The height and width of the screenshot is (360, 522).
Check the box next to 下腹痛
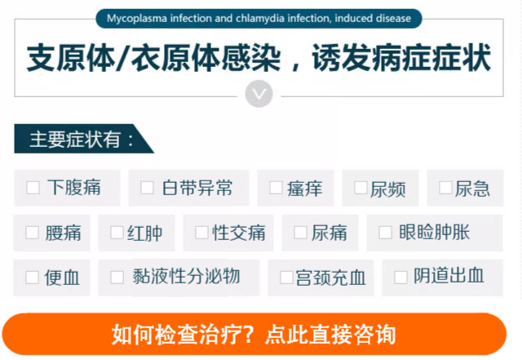click(x=33, y=188)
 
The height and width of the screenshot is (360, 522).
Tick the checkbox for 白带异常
click(x=147, y=188)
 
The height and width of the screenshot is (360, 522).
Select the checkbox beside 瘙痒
click(x=276, y=188)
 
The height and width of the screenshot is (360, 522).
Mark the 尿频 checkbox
click(x=361, y=188)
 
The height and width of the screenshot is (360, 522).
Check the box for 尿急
click(x=446, y=188)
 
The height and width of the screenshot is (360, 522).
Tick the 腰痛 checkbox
click(x=33, y=233)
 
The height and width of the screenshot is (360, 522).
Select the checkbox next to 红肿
click(x=117, y=233)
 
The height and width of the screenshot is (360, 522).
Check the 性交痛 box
click(x=202, y=233)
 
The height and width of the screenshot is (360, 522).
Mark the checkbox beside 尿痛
click(x=301, y=233)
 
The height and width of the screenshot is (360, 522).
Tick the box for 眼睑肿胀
click(x=386, y=233)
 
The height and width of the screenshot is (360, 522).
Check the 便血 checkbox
click(x=33, y=278)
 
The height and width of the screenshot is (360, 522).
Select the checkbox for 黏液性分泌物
click(x=117, y=278)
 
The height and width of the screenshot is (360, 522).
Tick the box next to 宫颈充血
click(x=286, y=278)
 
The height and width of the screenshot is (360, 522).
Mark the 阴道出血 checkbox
click(x=400, y=278)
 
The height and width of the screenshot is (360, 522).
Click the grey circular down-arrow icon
click(x=259, y=94)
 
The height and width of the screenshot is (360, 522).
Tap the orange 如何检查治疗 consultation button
click(x=254, y=334)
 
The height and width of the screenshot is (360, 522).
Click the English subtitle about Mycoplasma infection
click(x=259, y=18)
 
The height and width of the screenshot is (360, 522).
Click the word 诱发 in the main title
click(x=343, y=58)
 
